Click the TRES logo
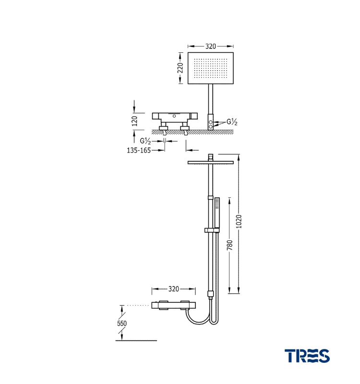click(x=307, y=356)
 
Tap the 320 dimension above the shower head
click(x=211, y=46)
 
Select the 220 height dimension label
click(x=180, y=68)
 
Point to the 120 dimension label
click(x=134, y=121)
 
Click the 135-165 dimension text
click(x=139, y=150)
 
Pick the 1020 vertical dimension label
click(x=239, y=221)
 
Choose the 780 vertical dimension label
click(x=229, y=245)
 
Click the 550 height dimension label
click(x=122, y=323)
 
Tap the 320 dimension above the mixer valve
click(x=174, y=289)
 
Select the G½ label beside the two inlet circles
click(x=232, y=122)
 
